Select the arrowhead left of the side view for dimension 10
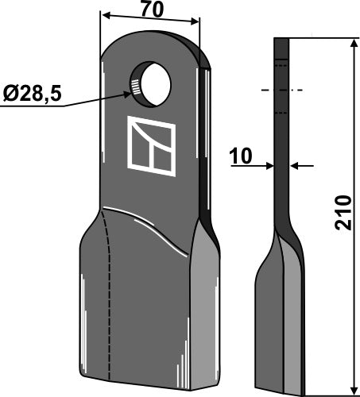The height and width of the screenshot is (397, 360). (269, 165)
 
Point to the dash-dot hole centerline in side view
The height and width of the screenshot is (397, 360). (281, 91)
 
